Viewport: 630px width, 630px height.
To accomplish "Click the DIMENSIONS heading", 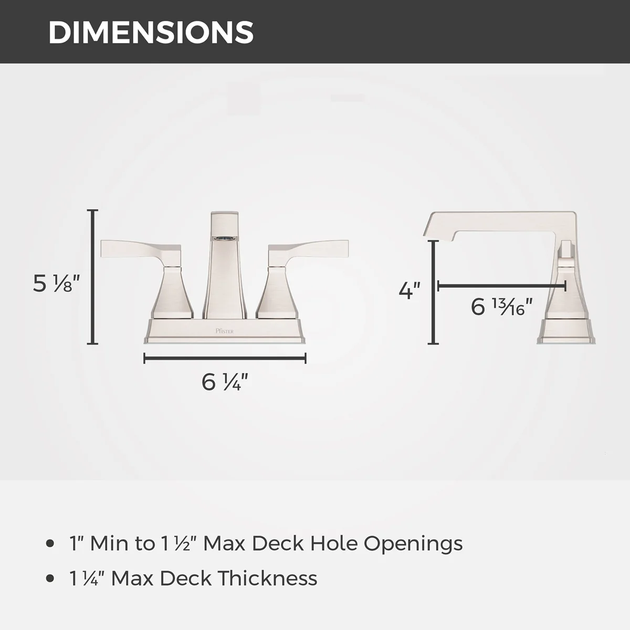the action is click(151, 33).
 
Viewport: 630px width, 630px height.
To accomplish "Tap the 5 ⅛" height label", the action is click(57, 283).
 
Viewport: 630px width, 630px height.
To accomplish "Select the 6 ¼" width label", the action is click(225, 382).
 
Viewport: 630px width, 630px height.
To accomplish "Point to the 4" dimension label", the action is click(409, 290).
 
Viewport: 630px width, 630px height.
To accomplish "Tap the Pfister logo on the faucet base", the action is click(225, 331).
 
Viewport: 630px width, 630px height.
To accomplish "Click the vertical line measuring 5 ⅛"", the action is click(92, 277).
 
